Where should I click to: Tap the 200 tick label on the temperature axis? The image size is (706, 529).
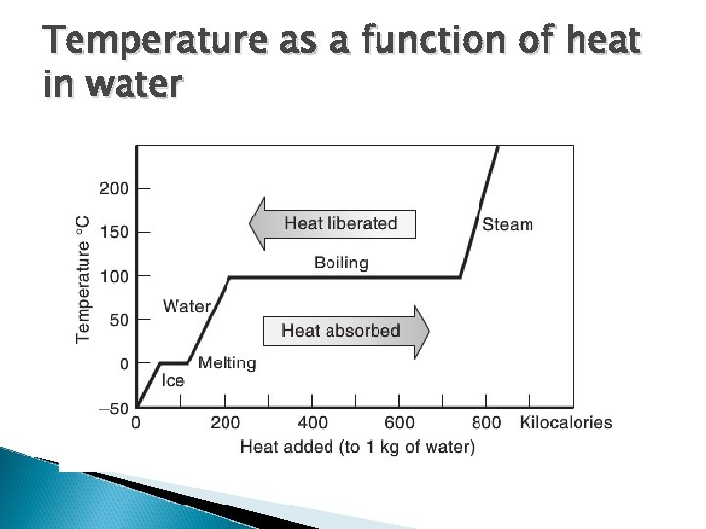point(114,188)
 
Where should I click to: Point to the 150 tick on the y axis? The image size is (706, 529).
point(114,232)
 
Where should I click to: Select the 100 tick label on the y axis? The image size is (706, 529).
point(114,276)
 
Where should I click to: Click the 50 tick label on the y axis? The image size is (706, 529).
point(118,319)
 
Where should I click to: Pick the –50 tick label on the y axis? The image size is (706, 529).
point(114,408)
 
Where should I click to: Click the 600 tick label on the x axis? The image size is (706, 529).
point(399,423)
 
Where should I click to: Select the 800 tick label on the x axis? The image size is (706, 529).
point(486,423)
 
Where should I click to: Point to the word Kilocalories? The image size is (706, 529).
point(566,423)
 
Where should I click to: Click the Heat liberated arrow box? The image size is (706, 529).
point(332,223)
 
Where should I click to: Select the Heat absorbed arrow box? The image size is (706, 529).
point(342,330)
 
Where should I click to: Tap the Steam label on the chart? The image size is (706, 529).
point(508,224)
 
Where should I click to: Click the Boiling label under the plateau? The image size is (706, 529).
point(340,262)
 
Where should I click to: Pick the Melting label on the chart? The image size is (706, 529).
point(227,363)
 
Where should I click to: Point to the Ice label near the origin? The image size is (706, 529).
point(173,381)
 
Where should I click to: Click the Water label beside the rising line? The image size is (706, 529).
point(186,306)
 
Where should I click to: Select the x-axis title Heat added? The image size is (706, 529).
point(357,448)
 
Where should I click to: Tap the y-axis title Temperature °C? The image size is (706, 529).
point(85,278)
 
